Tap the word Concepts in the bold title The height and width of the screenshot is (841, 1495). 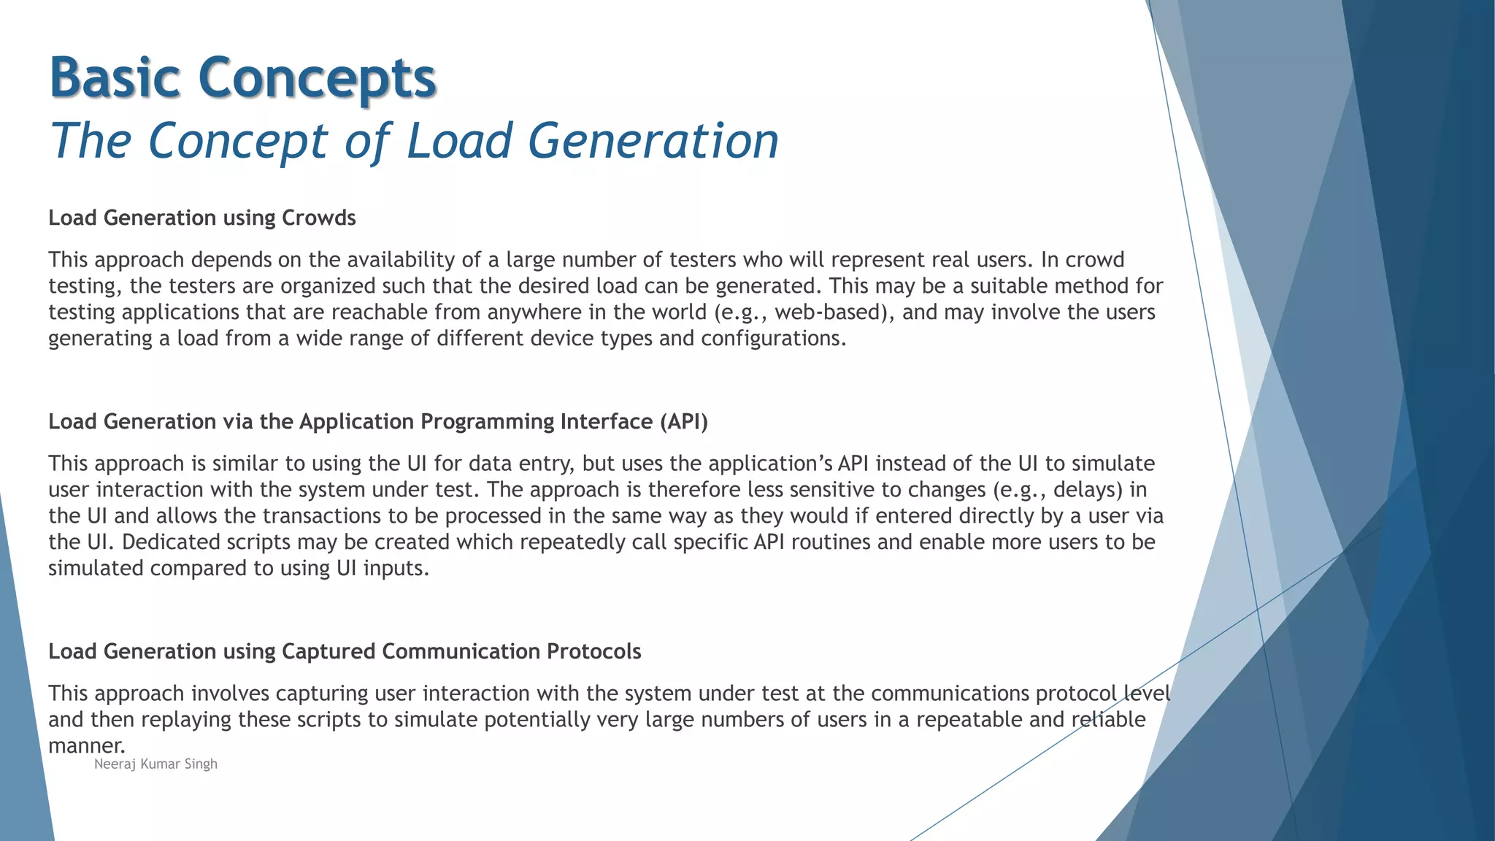click(x=317, y=79)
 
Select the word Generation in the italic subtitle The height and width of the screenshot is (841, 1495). click(x=653, y=140)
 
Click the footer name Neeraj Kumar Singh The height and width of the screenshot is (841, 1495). click(x=155, y=764)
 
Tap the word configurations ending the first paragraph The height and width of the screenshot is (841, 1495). click(x=772, y=339)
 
